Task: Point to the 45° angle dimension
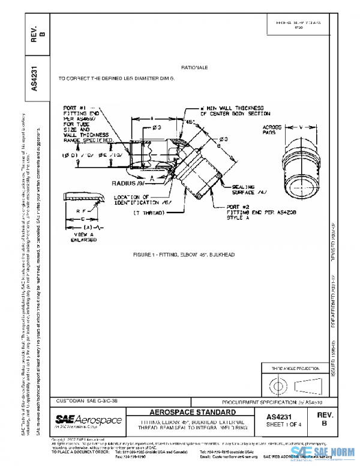[x=190, y=121]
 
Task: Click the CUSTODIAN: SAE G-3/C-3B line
[x=86, y=400]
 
